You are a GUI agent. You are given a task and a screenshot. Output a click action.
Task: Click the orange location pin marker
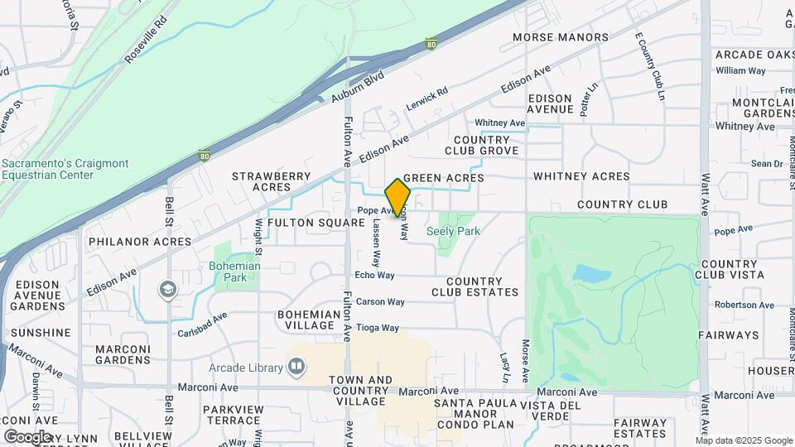point(397,197)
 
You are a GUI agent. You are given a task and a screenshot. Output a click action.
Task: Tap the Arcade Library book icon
point(296,366)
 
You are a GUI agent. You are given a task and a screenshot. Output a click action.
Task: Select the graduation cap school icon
point(168,289)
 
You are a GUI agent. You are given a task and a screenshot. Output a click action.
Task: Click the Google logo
point(27,436)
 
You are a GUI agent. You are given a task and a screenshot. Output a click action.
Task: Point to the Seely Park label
point(453,232)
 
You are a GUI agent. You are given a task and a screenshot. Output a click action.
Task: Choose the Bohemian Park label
point(234,272)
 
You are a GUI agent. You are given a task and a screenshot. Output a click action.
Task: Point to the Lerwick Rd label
point(426,99)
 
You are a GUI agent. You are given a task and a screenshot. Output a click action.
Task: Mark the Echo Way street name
point(374,275)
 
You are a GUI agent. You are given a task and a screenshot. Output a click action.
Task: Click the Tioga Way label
point(378,328)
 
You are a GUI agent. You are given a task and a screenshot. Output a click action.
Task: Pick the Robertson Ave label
point(744,305)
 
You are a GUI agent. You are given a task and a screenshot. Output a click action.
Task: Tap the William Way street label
point(740,70)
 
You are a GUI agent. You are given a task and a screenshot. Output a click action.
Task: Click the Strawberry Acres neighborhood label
point(271,182)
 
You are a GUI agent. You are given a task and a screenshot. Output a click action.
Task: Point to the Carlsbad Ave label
point(202,324)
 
